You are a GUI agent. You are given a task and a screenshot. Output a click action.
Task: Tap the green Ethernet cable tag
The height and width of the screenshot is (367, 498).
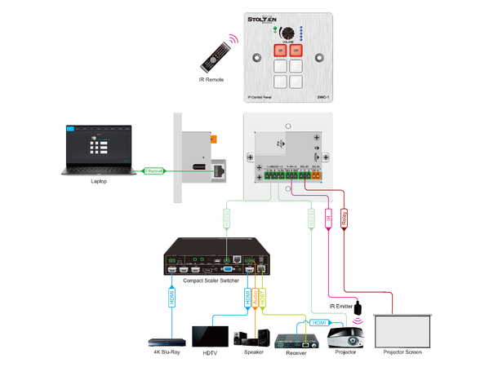click(153, 170)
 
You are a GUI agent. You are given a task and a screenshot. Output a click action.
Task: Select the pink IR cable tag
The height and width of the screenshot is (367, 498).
click(328, 219)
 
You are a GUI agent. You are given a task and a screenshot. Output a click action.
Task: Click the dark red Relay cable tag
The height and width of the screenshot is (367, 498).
click(344, 219)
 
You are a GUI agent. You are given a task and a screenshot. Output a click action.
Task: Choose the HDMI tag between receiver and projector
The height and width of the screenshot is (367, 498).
click(318, 323)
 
